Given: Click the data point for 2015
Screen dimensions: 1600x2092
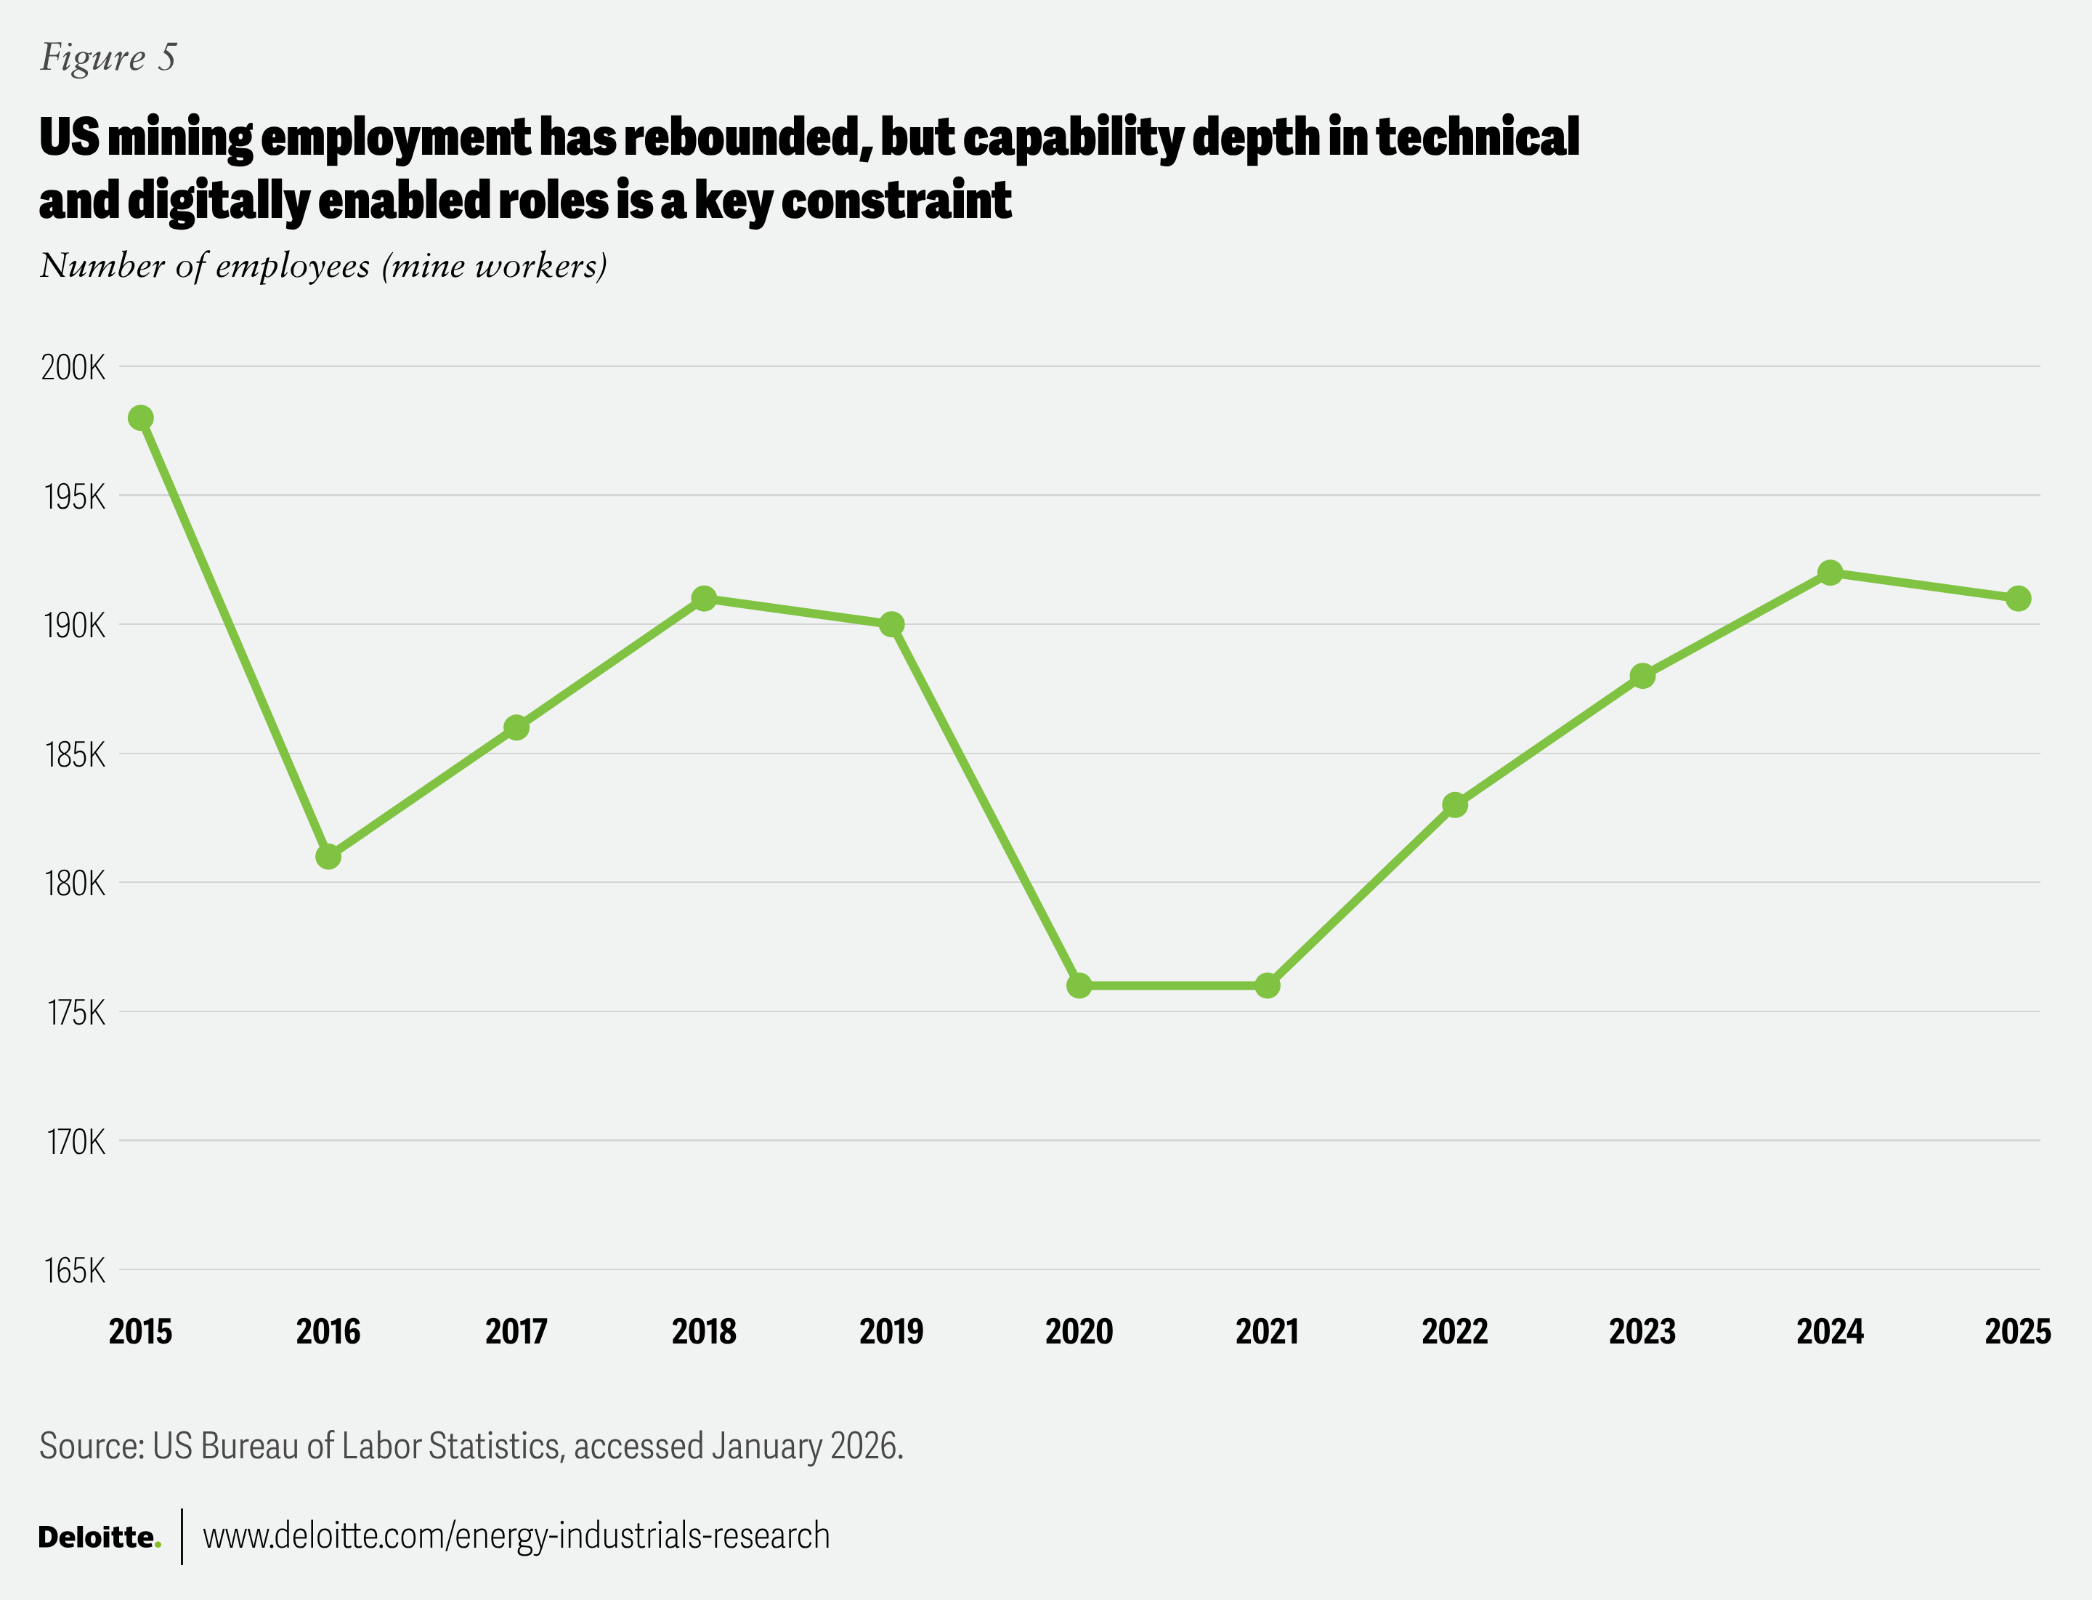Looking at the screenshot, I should click(141, 418).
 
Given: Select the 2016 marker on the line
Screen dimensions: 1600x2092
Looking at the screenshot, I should click(328, 857).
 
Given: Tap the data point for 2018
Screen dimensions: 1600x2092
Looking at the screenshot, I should click(704, 599).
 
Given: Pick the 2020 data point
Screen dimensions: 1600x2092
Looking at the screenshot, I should click(1079, 986).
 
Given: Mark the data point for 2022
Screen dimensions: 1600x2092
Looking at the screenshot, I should click(1455, 806).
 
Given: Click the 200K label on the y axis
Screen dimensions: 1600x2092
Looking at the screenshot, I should click(73, 368).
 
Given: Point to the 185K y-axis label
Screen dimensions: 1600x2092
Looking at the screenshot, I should click(74, 755).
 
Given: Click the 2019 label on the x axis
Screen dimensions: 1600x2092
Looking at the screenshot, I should click(891, 1331).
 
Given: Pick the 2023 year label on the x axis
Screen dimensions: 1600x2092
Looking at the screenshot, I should click(1642, 1331).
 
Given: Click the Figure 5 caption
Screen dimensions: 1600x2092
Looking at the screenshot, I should click(108, 58).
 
